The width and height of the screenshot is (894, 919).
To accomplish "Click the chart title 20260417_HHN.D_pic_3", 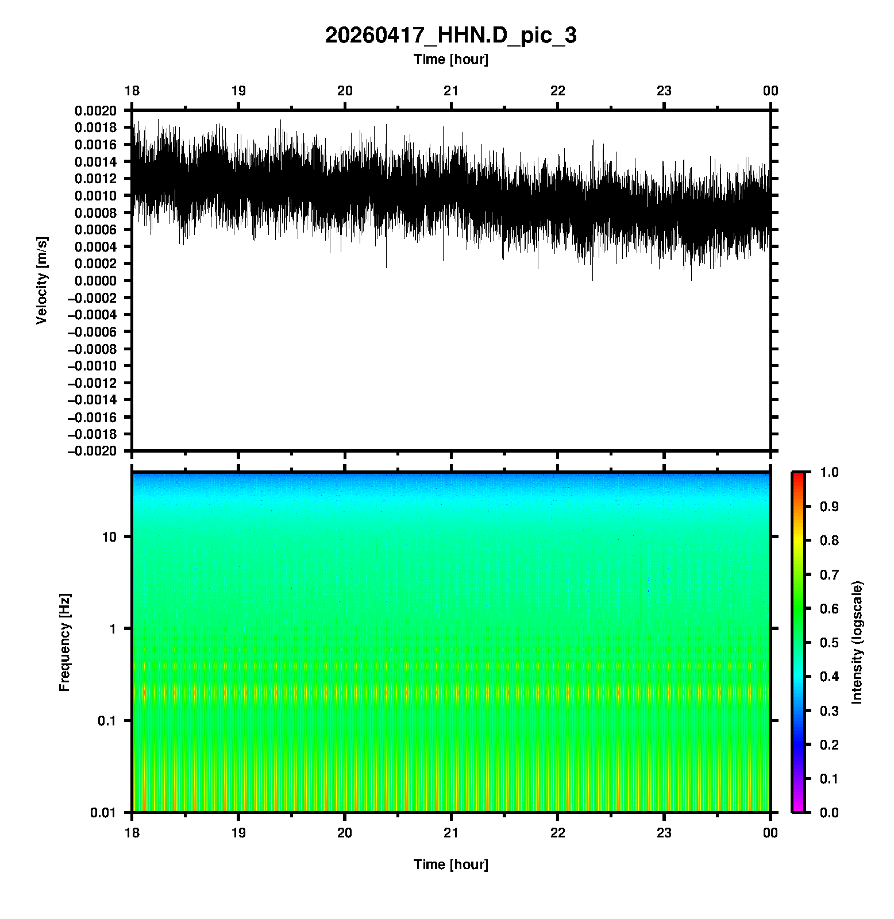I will click(x=450, y=36).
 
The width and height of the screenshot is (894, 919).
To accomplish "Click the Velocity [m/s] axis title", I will click(x=41, y=280).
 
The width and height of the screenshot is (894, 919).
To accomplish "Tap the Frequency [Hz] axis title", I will click(x=64, y=643).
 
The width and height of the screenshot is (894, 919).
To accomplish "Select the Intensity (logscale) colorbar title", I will click(x=857, y=642).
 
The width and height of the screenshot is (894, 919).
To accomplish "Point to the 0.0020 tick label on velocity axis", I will click(x=95, y=111).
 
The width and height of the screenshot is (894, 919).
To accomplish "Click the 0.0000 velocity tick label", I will click(x=95, y=281).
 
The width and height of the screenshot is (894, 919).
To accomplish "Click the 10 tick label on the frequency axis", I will click(x=109, y=537).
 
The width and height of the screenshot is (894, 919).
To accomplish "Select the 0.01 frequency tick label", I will click(x=104, y=812).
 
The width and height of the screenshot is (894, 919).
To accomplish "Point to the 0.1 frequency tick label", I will click(x=107, y=721).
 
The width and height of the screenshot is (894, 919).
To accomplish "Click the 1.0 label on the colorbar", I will click(x=830, y=472).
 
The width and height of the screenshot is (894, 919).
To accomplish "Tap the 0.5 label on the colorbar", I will click(x=830, y=642).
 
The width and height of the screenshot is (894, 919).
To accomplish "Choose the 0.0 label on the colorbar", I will click(x=830, y=812).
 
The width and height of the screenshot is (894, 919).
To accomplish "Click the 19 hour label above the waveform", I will click(x=238, y=91).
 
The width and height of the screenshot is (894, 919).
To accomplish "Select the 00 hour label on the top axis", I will click(x=770, y=91).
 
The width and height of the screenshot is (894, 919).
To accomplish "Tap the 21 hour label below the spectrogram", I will click(x=452, y=833).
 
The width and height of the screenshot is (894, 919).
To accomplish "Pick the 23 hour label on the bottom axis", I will click(x=664, y=833).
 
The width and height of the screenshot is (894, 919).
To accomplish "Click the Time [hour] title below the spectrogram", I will click(x=450, y=864).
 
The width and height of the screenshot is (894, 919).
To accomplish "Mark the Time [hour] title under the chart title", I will click(x=450, y=59).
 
